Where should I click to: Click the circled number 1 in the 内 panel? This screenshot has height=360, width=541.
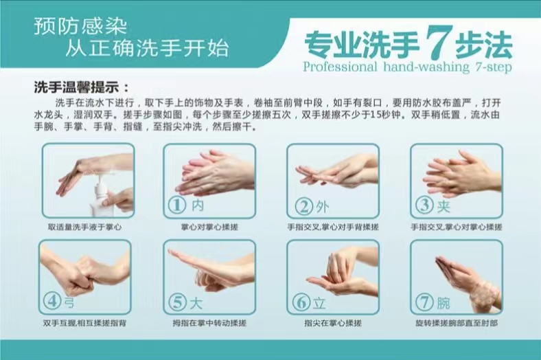pos(177,205)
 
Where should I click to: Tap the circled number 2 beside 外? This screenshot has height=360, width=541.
pos(304,206)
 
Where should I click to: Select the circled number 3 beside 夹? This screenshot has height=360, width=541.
pos(424,205)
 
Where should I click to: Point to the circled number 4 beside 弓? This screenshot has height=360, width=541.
pos(52,301)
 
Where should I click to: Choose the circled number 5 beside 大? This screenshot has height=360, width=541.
pos(178,302)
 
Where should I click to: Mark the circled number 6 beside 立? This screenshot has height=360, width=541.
pos(301,302)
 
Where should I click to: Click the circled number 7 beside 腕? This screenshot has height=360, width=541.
pos(424,302)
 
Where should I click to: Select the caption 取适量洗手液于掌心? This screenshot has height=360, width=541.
pos(85,227)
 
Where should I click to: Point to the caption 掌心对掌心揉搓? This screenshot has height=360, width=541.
pos(209,227)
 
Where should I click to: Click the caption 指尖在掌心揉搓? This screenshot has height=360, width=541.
pos(333,323)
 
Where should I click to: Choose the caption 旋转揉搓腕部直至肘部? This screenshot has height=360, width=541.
pos(457,323)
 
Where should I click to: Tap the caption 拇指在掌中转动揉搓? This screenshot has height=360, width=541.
pos(209,323)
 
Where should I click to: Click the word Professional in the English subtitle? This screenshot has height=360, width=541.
pos(341,66)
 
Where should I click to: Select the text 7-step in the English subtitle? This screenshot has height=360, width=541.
pos(494,67)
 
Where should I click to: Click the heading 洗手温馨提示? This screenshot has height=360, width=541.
pos(77,87)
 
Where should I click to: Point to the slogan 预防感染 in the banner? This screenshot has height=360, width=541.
pos(81,27)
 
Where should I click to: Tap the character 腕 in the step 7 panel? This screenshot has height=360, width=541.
pos(444,303)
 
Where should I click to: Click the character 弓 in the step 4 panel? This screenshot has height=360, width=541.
pos(69,303)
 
